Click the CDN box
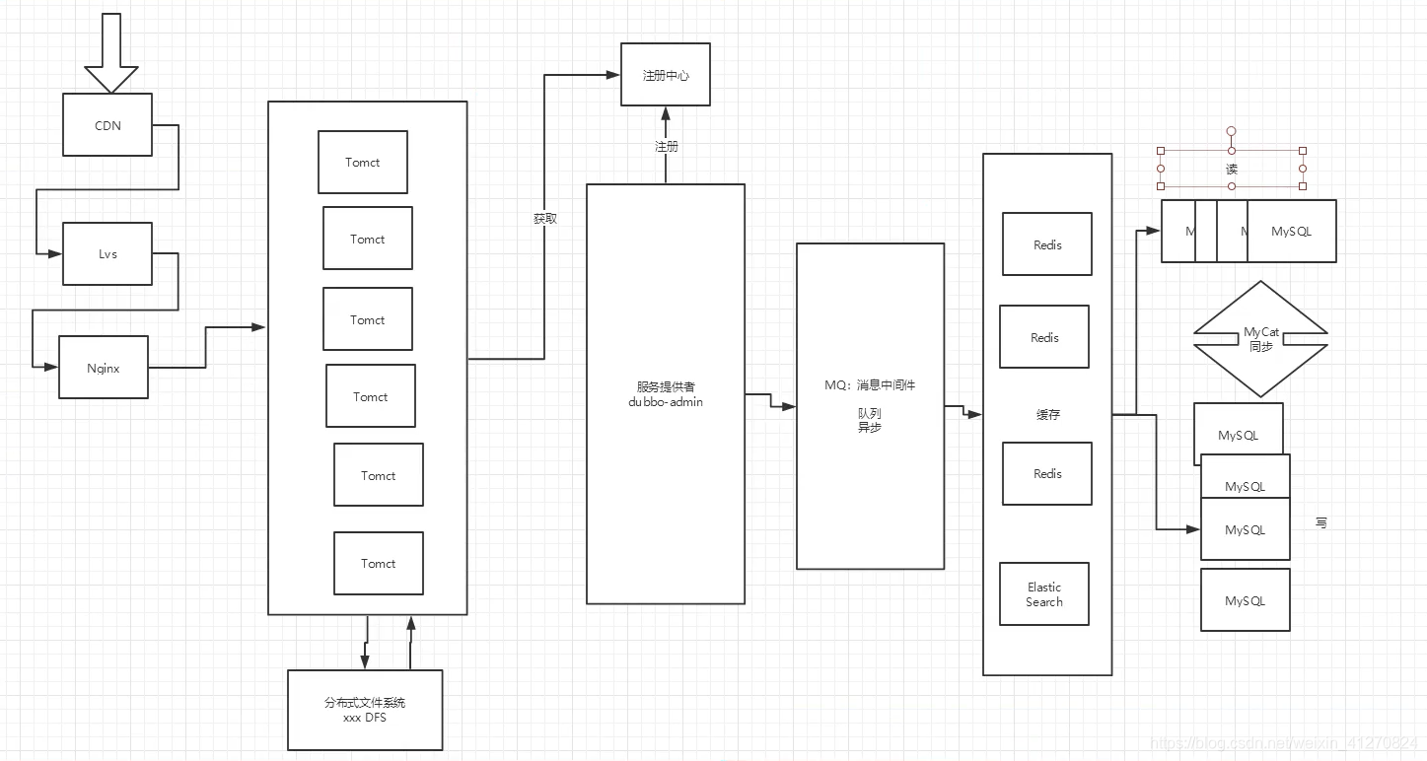(107, 125)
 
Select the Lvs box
(107, 254)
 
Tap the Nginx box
(104, 368)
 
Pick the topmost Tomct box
(362, 163)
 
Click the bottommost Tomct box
(379, 564)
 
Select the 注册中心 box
(666, 75)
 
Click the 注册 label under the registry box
(667, 146)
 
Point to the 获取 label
(545, 218)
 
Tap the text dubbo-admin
(666, 402)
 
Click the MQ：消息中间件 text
(870, 384)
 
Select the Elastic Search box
(1044, 594)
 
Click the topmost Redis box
(1047, 244)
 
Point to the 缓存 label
(1047, 415)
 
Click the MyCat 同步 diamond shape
(1261, 339)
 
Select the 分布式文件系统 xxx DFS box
(365, 710)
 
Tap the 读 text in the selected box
(1232, 170)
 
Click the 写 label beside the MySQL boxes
(1321, 522)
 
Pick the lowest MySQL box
(1245, 600)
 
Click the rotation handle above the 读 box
(1232, 130)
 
